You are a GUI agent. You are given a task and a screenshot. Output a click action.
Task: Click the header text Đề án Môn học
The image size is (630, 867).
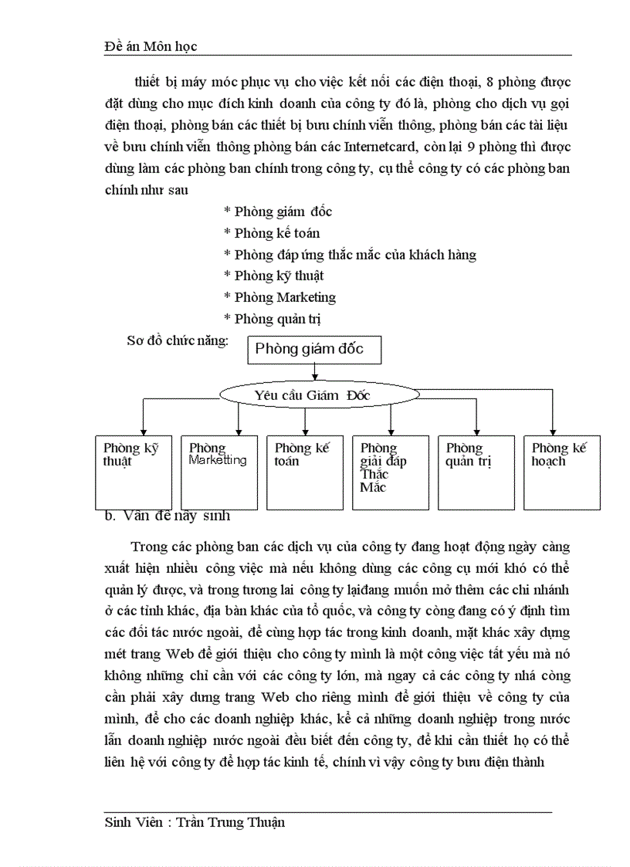[x=151, y=46]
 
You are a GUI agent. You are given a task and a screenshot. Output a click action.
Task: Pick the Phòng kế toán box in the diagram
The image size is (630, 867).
[x=304, y=472]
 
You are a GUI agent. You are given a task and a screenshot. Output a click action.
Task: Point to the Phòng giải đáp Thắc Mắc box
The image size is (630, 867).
[x=390, y=472]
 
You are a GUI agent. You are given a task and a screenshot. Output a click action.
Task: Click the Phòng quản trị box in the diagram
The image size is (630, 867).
[x=476, y=472]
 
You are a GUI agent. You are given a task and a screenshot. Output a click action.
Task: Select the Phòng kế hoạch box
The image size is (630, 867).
[x=561, y=472]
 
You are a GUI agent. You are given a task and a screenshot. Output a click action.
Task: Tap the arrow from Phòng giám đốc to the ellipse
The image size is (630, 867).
[x=314, y=371]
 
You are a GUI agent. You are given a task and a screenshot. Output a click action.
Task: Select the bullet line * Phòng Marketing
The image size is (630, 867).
[x=279, y=297]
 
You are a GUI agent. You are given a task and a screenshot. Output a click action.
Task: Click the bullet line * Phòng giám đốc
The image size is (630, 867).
[x=278, y=212]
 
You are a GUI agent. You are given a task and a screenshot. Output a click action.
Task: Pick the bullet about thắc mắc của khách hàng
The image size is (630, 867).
[x=350, y=255]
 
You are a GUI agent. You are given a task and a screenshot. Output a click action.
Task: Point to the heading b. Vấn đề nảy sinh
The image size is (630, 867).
[x=168, y=516]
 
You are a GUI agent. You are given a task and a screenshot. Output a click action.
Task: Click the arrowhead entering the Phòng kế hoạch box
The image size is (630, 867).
[x=553, y=432]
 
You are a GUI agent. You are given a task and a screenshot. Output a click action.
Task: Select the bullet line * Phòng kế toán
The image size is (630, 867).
[x=272, y=233]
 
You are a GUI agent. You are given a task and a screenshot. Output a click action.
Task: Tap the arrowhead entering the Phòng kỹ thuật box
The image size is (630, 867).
[x=142, y=432]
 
